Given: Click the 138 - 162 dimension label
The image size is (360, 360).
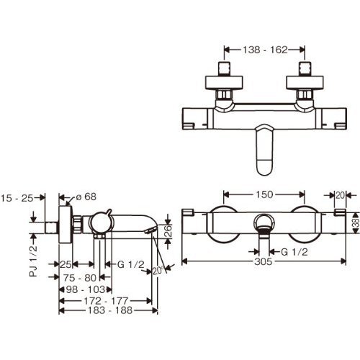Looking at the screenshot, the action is coord(265,50).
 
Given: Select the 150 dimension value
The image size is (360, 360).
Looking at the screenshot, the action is coord(264,194).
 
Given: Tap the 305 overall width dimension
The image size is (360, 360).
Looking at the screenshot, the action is coord(264,261).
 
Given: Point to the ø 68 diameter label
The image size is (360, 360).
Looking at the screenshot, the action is coord(86,197).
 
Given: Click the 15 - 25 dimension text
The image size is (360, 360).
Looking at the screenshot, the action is coord(17,198).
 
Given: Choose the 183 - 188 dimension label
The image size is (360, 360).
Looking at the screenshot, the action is coord(110,310).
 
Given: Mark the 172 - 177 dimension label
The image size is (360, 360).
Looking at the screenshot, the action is coord(106,301).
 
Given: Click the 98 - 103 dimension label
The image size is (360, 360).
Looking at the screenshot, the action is coord(86,289).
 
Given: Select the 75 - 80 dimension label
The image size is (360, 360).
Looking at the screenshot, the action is coord(80,278).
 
